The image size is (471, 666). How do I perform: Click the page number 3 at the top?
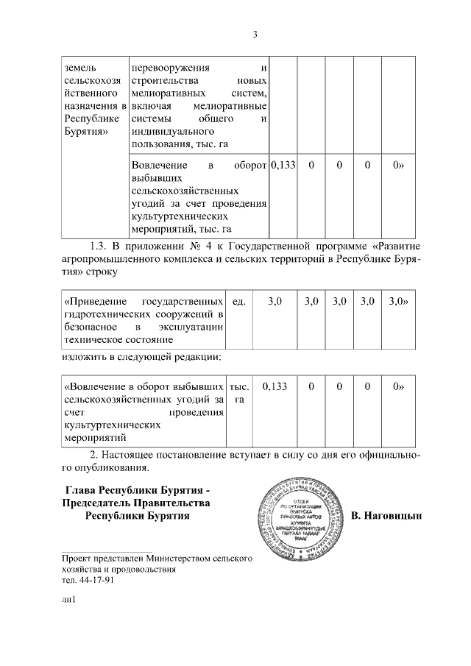(x=255, y=35)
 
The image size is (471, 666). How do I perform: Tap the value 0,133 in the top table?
(x=283, y=166)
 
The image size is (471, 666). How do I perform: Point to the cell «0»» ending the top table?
(x=398, y=166)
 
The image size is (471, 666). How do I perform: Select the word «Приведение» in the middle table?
(x=92, y=301)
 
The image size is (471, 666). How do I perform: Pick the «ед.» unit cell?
(x=238, y=301)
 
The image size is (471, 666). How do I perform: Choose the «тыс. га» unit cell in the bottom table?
(x=238, y=392)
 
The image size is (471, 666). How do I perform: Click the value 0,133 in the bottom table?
(x=274, y=386)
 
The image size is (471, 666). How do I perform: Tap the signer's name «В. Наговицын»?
(x=386, y=516)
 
